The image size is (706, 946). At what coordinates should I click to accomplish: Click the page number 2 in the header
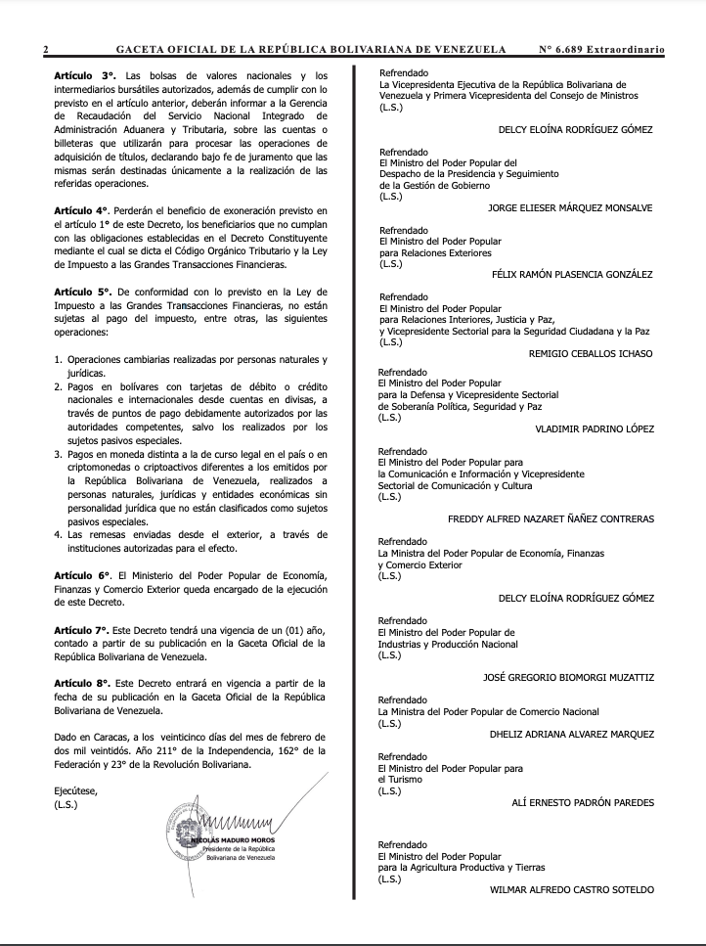(x=46, y=48)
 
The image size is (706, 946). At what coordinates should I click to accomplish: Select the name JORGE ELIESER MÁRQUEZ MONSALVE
(x=570, y=208)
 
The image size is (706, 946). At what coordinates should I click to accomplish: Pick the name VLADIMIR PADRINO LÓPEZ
(x=595, y=428)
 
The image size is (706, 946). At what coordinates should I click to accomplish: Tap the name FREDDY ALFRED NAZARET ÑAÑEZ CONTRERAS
(x=551, y=518)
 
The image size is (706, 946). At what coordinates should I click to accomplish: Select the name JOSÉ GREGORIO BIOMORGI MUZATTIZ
(x=568, y=676)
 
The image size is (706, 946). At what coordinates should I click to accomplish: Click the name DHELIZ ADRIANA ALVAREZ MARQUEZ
(x=572, y=734)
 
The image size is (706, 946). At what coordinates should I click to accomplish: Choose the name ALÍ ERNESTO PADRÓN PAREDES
(x=583, y=802)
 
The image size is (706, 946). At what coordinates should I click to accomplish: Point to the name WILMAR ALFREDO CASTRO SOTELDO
(x=572, y=889)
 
